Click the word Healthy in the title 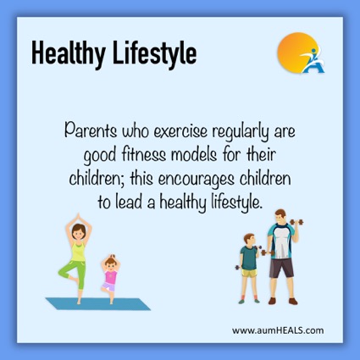(69, 54)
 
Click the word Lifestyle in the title (155, 54)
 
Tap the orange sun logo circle (296, 53)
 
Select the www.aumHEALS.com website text (278, 330)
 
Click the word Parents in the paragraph (91, 130)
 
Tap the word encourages (196, 180)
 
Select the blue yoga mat (98, 304)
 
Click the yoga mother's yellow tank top (78, 252)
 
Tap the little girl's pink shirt (110, 277)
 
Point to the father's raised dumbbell (296, 222)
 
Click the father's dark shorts (281, 268)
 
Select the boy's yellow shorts (249, 273)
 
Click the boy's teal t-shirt (249, 258)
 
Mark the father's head (280, 217)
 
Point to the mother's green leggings (74, 274)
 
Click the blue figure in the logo (313, 61)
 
